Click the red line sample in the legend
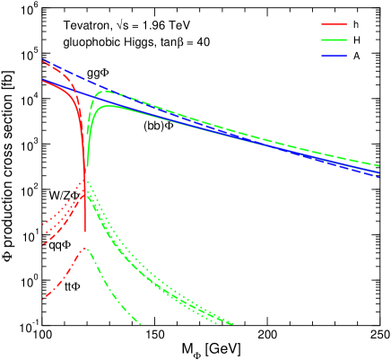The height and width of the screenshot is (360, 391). (x=334, y=25)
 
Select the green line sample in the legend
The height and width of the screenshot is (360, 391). (x=334, y=40)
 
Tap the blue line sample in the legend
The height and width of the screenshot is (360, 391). (x=334, y=56)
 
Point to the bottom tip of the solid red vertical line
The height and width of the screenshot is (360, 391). (x=85, y=233)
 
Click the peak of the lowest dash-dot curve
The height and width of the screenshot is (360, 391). (x=85, y=248)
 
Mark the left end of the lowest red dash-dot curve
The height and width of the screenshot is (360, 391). (x=44, y=297)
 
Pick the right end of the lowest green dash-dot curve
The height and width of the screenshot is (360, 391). (x=141, y=323)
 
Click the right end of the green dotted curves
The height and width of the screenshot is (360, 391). (x=233, y=323)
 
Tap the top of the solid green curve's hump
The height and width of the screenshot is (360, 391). (x=109, y=106)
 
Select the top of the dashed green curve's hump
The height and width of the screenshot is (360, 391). (x=105, y=91)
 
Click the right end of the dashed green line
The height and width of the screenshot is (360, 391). (x=379, y=165)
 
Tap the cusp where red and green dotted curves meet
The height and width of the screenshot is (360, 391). (x=85, y=180)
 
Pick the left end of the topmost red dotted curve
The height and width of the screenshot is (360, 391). (x=43, y=223)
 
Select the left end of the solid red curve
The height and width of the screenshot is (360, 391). (x=43, y=80)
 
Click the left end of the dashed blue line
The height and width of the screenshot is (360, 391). (x=43, y=60)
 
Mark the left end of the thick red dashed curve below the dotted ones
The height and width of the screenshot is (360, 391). (x=43, y=243)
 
